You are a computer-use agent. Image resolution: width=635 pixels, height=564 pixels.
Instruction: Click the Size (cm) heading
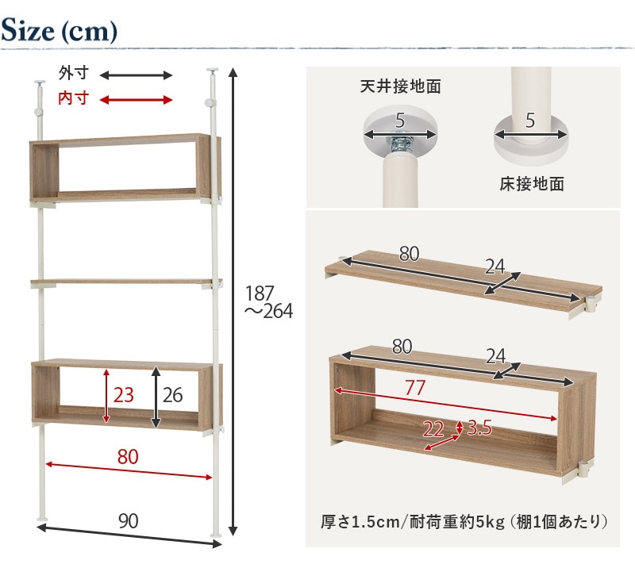click(x=59, y=30)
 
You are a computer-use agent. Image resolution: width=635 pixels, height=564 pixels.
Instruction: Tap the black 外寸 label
click(x=73, y=73)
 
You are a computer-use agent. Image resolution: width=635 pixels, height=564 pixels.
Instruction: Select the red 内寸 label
click(x=73, y=98)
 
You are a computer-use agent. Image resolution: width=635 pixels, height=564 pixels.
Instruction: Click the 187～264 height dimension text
click(x=268, y=302)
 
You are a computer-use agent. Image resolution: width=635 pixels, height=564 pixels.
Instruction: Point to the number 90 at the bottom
click(x=129, y=521)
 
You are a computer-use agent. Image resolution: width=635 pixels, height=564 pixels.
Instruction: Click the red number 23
click(x=124, y=395)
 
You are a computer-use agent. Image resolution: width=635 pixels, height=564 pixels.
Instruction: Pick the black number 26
click(x=173, y=395)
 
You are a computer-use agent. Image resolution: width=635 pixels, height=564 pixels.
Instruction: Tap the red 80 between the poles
click(x=128, y=456)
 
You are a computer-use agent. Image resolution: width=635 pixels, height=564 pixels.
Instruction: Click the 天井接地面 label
click(x=401, y=86)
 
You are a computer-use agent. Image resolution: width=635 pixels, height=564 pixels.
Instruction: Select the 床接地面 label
click(x=532, y=184)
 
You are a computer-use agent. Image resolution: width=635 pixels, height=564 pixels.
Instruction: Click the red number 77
click(x=415, y=388)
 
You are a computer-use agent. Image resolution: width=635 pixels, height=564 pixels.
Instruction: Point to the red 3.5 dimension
click(x=479, y=428)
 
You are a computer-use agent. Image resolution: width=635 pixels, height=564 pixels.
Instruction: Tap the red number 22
click(x=433, y=429)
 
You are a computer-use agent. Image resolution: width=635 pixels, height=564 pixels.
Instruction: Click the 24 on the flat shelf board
click(x=495, y=267)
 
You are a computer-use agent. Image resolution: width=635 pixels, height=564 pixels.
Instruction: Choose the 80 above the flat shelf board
click(x=409, y=254)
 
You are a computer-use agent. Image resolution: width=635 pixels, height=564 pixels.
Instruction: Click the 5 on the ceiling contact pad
click(x=400, y=121)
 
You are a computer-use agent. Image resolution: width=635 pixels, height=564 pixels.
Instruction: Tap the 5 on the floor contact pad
click(x=530, y=121)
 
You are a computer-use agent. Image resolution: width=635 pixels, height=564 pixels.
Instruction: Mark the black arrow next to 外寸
click(x=136, y=75)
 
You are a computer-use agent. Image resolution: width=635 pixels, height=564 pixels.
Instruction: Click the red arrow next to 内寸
click(x=136, y=100)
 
